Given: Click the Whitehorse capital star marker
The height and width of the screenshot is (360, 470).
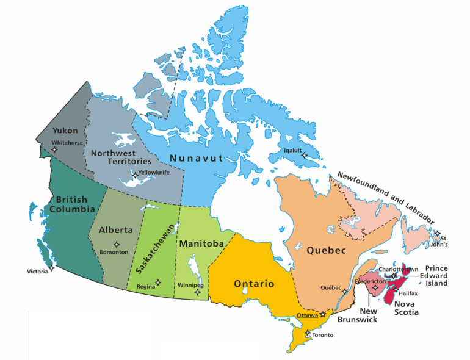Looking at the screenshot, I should point(54,149).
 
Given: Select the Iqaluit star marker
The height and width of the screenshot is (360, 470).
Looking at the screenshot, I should point(304,156).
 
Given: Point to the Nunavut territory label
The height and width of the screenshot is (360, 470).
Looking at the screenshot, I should point(196,159).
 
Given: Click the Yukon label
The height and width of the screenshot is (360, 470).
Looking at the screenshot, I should point(65,131).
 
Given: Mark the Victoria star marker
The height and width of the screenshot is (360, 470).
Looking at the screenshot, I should point(52,267).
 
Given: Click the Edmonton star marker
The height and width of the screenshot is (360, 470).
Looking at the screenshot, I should point(117,244).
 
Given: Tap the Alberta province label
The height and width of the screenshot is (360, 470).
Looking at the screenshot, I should point(115,230).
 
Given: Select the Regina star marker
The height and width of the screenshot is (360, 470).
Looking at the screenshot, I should point(158,283).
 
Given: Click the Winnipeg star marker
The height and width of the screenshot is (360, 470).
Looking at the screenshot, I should point(197,292).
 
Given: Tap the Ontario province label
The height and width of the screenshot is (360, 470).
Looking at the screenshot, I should point(254,284).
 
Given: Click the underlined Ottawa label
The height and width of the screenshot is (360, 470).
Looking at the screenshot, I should point(307,315).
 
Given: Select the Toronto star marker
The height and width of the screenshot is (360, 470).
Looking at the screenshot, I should point(308,333).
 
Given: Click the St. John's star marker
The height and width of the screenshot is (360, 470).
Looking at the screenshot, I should point(437,233).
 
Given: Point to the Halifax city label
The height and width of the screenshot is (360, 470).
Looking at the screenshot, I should point(408,293).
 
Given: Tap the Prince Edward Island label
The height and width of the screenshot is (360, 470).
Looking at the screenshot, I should point(436,276).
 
